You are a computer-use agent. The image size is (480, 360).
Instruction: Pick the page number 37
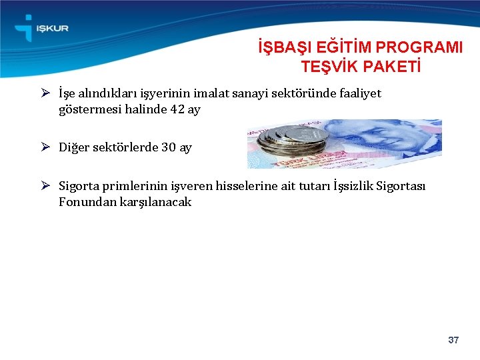453,341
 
